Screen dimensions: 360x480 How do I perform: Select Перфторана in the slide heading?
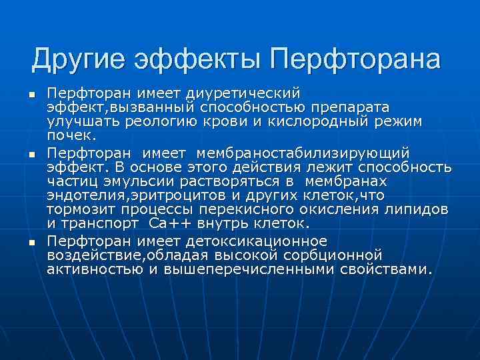pyautogui.click(x=355, y=60)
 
